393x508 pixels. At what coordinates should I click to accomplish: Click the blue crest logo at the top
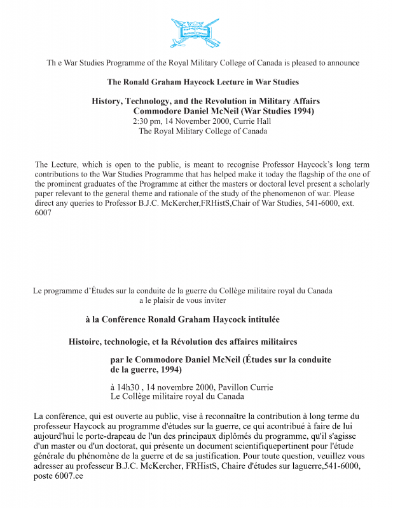(x=197, y=32)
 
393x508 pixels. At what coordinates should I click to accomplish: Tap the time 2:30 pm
(x=147, y=121)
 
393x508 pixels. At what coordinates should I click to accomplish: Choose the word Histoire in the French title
(x=86, y=342)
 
